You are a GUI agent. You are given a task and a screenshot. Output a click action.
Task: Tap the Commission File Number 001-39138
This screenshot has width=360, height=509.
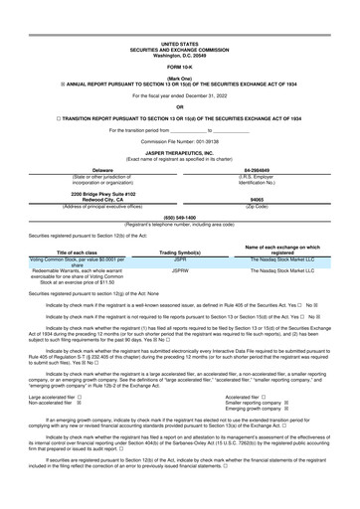point(179,133)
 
